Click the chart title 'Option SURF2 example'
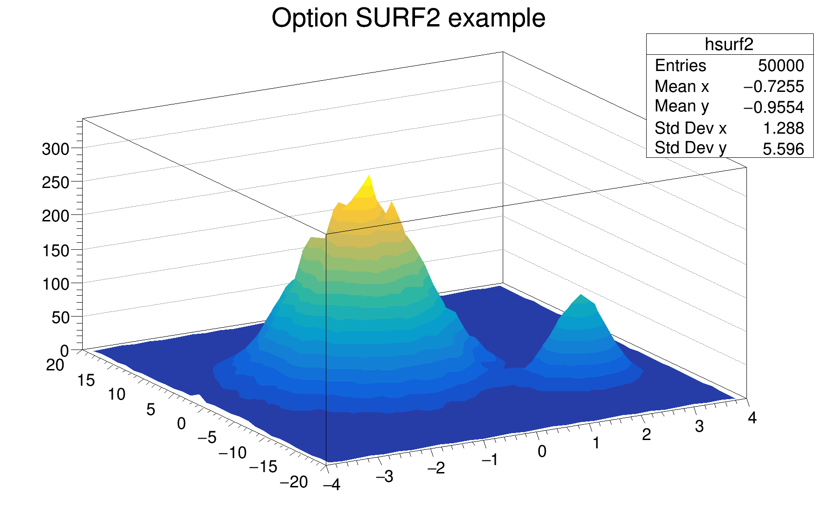click(408, 19)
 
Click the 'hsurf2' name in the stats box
click(729, 45)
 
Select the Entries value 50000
click(781, 65)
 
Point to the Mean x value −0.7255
click(773, 86)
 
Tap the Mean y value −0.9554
click(773, 107)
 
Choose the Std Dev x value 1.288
click(784, 128)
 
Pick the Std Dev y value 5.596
click(783, 149)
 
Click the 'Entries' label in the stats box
click(680, 65)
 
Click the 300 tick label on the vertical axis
click(55, 149)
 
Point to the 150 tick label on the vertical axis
click(55, 251)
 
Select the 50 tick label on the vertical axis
click(60, 318)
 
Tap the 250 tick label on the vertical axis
click(55, 183)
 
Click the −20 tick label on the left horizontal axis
click(294, 482)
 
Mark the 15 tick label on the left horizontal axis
click(86, 381)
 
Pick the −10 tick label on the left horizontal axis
click(232, 453)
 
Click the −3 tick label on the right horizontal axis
click(384, 476)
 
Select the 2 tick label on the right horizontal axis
click(646, 435)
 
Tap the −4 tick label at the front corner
click(332, 485)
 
